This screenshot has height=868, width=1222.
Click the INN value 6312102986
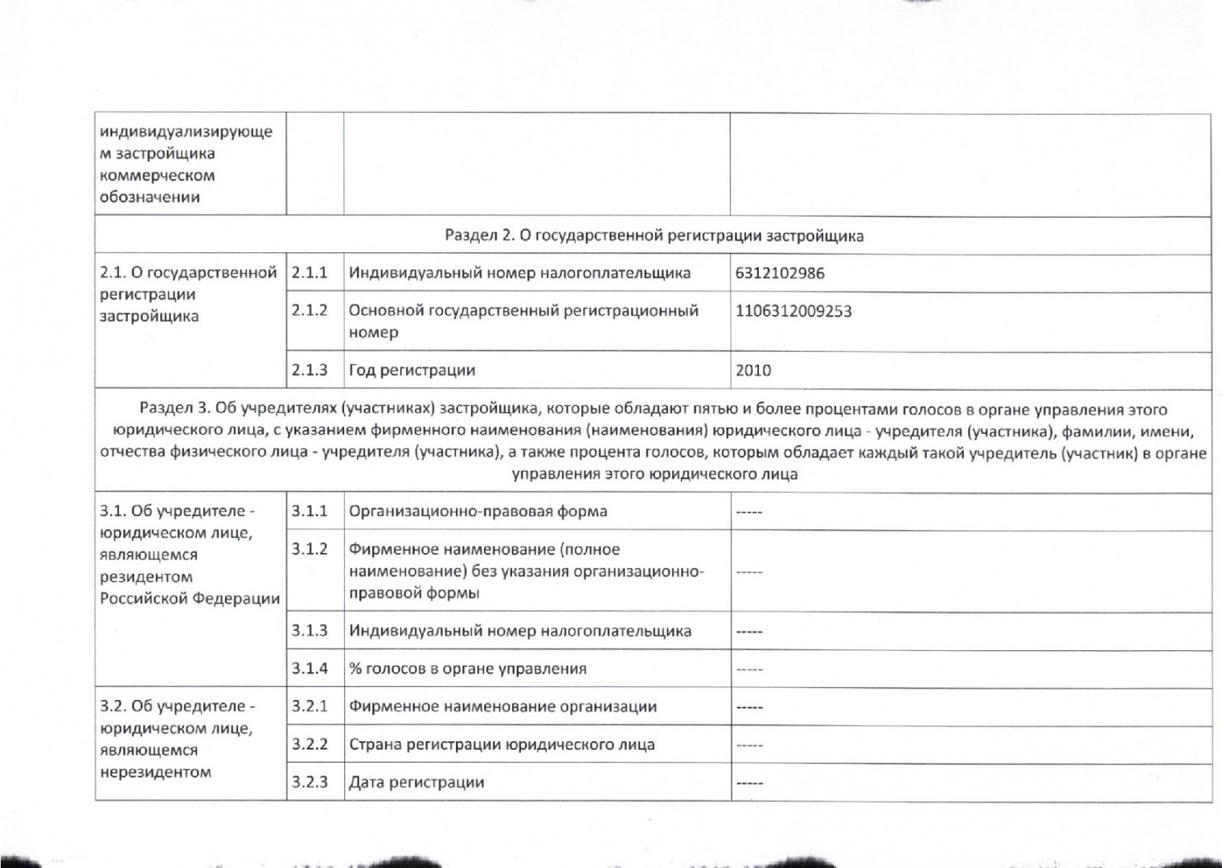click(x=779, y=273)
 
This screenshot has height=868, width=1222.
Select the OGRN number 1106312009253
click(x=793, y=311)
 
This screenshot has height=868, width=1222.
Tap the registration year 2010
click(x=752, y=371)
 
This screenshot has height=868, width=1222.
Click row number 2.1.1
click(x=310, y=273)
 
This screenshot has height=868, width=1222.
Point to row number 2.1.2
click(x=310, y=310)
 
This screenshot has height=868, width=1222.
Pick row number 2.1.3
click(x=310, y=371)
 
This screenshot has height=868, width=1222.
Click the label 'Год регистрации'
click(x=412, y=371)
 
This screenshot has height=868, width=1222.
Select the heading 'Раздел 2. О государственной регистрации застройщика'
click(x=654, y=235)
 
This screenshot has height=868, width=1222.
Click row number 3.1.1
click(x=310, y=511)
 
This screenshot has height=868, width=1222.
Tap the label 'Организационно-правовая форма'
click(x=478, y=511)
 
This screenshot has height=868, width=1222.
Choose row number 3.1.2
click(x=310, y=549)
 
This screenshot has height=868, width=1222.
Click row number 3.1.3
click(x=310, y=631)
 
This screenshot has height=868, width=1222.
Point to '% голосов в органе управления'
click(x=467, y=669)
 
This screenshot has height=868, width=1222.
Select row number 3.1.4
click(x=310, y=669)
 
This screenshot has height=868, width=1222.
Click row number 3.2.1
click(x=310, y=706)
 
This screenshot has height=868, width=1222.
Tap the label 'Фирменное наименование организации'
click(x=502, y=706)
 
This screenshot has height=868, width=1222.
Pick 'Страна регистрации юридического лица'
click(x=502, y=744)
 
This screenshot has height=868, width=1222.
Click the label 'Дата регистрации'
click(x=416, y=782)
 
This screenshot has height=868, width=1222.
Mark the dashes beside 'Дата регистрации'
click(x=748, y=783)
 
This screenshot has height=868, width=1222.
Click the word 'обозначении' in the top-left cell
click(x=150, y=197)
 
